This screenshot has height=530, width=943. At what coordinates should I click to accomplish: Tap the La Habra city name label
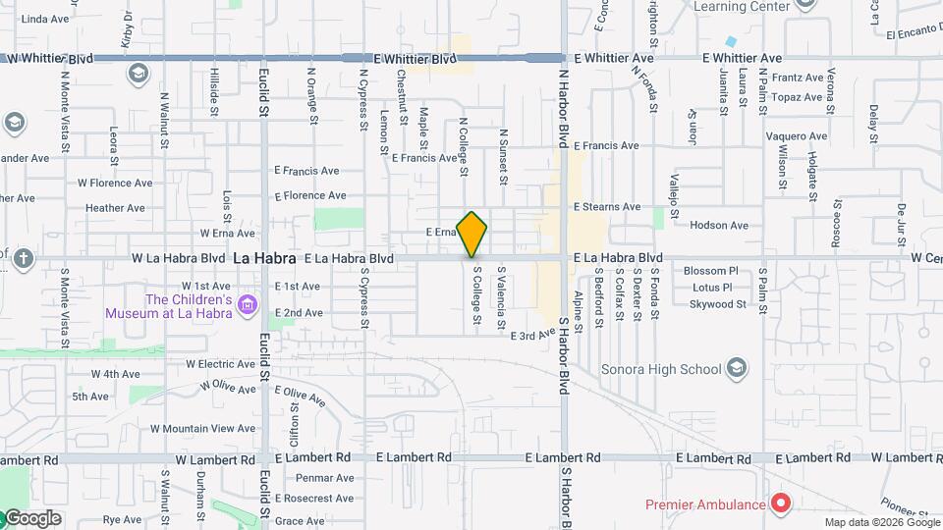[264, 259]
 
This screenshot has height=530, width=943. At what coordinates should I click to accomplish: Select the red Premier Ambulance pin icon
[781, 504]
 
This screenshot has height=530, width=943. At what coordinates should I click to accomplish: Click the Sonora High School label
[661, 369]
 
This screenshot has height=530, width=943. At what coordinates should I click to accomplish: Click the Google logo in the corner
[31, 518]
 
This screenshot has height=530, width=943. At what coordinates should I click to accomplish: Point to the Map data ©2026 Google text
[880, 522]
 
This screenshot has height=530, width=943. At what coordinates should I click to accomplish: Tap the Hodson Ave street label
[719, 226]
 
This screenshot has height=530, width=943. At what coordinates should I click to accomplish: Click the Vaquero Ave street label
[797, 136]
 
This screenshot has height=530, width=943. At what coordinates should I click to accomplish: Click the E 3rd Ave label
[532, 336]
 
